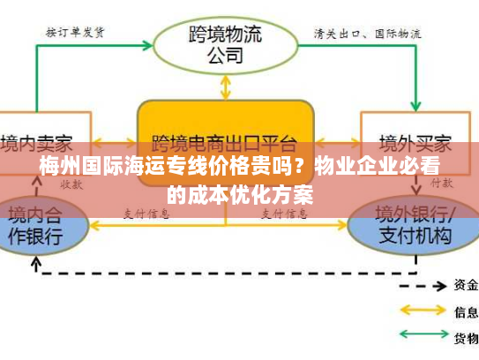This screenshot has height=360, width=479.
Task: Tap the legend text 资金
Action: pyautogui.click(x=466, y=285)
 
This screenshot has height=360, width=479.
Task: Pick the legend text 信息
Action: pyautogui.click(x=466, y=311)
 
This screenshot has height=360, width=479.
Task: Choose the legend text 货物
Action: pyautogui.click(x=466, y=337)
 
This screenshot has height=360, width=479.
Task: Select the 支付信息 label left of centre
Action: pyautogui.click(x=146, y=214)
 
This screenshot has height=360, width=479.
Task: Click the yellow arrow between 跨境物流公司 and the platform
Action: pyautogui.click(x=227, y=86)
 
